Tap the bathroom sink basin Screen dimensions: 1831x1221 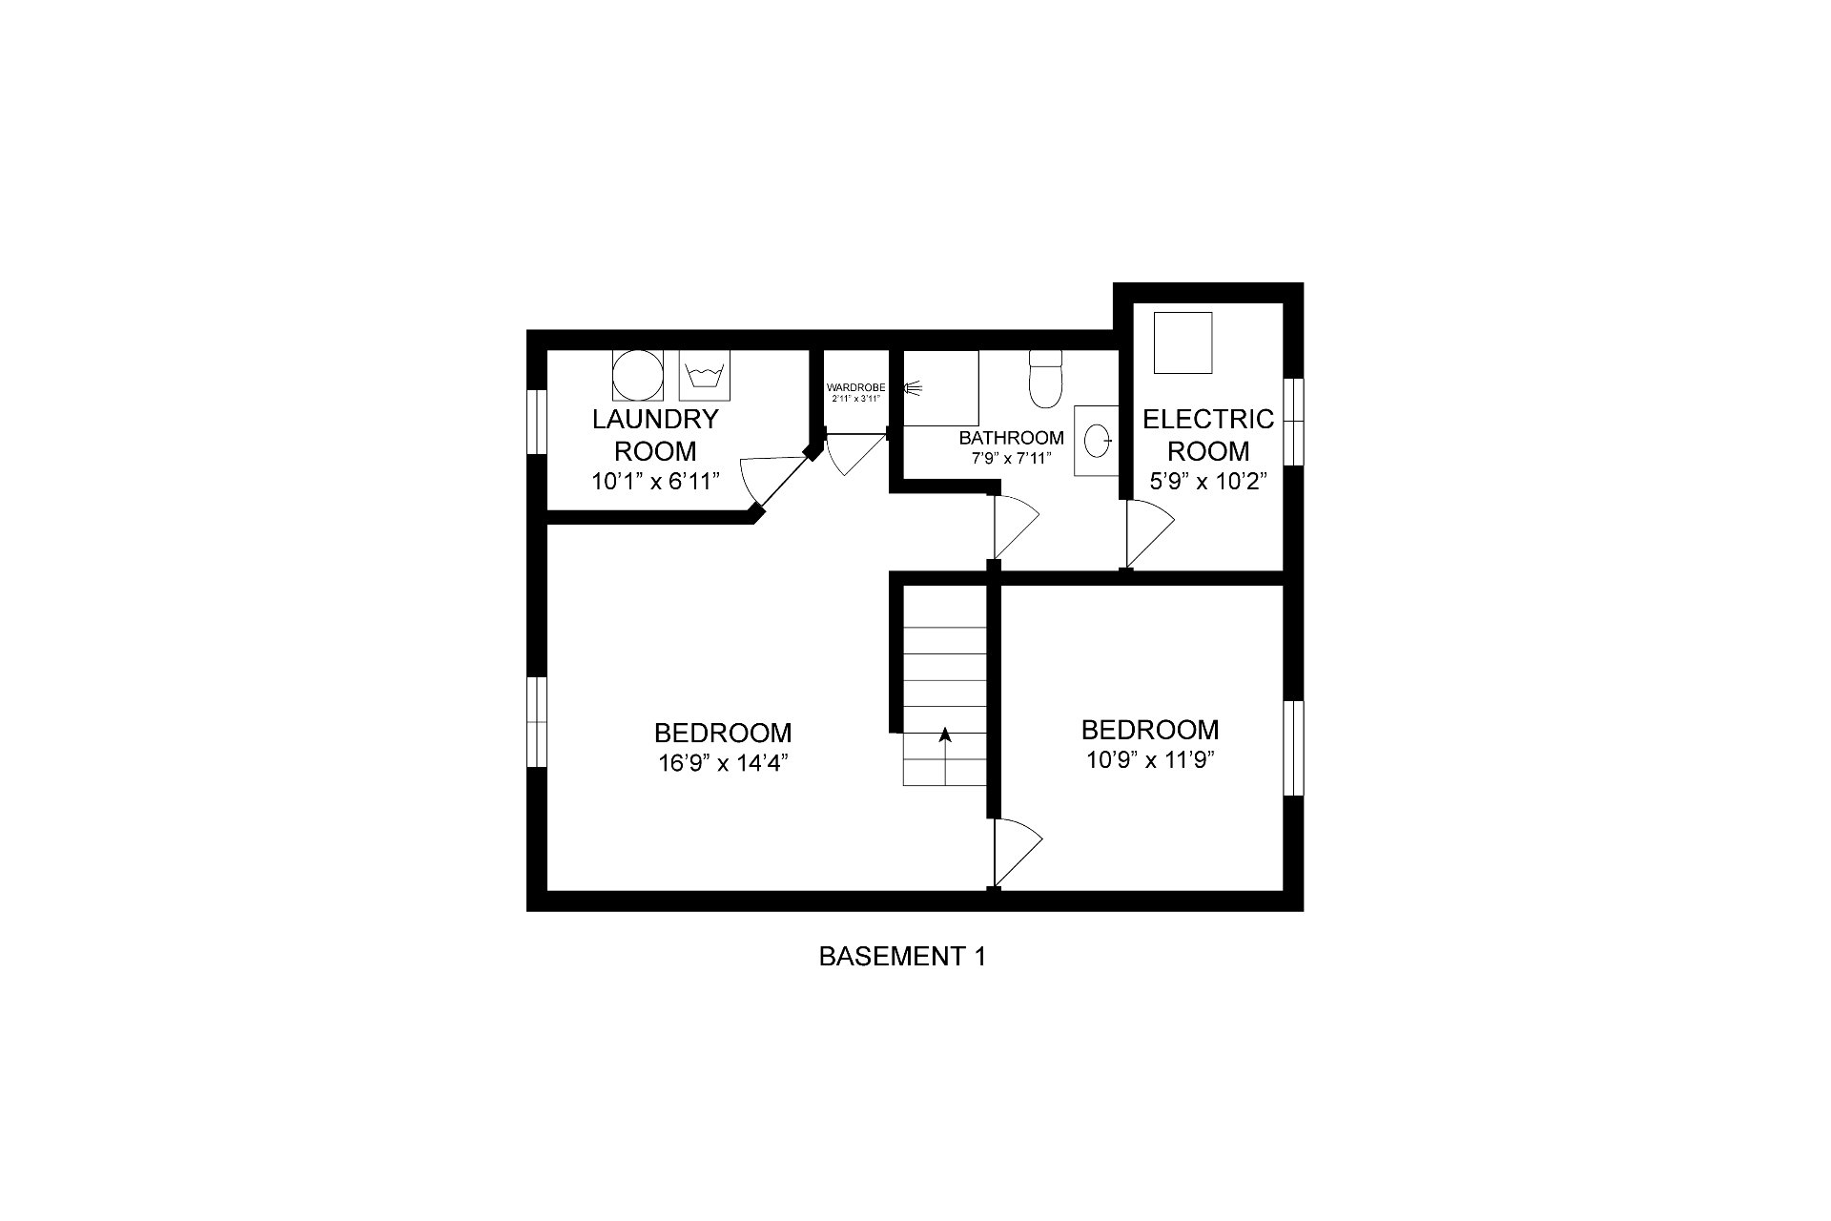point(1098,440)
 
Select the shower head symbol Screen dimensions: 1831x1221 point(913,387)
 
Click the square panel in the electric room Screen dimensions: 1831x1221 point(1183,342)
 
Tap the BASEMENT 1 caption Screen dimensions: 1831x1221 point(902,956)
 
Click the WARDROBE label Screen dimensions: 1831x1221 point(855,387)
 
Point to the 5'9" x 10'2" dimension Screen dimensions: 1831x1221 point(1208,481)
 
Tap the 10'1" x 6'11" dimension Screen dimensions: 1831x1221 point(654,481)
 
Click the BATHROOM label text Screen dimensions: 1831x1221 point(1011,438)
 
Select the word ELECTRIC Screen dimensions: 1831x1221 point(1208,419)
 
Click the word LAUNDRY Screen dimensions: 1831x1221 point(655,419)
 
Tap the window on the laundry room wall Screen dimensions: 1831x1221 point(537,422)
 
